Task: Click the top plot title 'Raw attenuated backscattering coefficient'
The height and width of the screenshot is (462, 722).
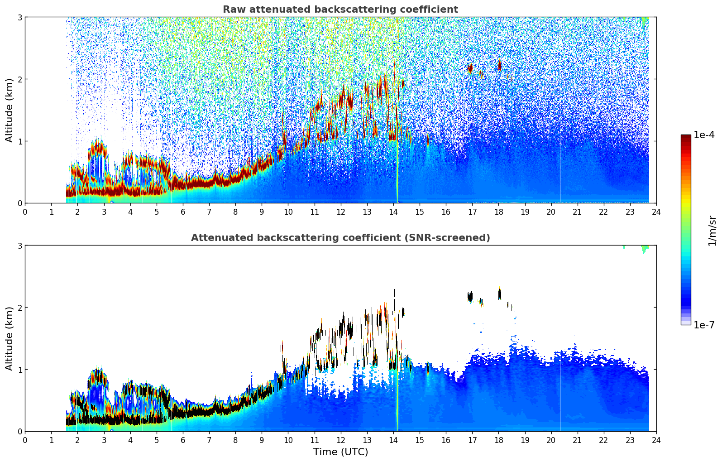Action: [x=340, y=10]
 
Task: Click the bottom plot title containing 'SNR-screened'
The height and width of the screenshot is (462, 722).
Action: [x=340, y=238]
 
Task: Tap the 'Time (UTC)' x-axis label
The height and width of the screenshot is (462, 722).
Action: [x=340, y=452]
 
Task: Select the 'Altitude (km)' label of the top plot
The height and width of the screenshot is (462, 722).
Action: [x=9, y=110]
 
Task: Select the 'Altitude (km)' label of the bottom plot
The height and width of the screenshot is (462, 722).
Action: [x=9, y=338]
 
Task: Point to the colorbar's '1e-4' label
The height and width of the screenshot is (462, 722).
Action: [x=704, y=135]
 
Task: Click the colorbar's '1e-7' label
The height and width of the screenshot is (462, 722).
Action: [x=704, y=325]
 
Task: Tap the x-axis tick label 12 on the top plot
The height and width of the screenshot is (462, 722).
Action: [x=340, y=212]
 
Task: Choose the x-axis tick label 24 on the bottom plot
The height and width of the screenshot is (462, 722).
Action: [x=656, y=440]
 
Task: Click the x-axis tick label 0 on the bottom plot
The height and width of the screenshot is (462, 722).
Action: [x=25, y=440]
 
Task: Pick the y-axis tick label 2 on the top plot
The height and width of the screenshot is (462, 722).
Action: [x=19, y=79]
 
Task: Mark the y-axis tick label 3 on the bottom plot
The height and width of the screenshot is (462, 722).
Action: [x=19, y=245]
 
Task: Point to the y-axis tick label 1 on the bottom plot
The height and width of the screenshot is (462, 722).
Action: [x=19, y=370]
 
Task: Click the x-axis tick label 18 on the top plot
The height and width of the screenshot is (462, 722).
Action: [x=498, y=212]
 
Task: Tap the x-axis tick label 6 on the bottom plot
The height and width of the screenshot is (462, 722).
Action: [x=183, y=440]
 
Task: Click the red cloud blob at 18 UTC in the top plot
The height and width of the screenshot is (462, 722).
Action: [x=500, y=65]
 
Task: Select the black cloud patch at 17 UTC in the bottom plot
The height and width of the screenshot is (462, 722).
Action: [x=470, y=297]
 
